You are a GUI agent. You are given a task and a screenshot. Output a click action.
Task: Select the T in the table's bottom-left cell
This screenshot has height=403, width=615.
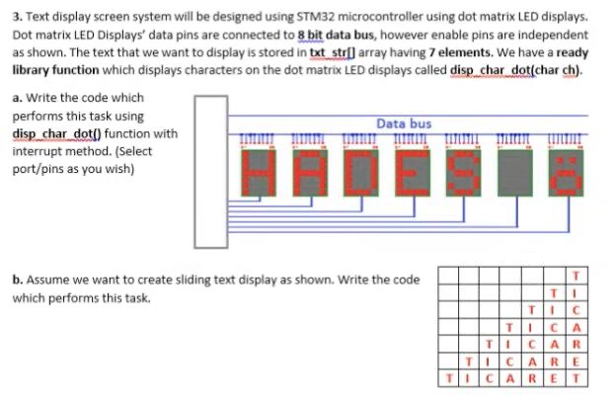coord(451,376)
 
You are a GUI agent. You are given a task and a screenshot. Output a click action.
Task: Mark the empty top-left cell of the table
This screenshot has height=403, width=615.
coord(451,274)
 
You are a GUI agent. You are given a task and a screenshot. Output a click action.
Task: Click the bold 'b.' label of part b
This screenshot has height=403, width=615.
coord(18,280)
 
